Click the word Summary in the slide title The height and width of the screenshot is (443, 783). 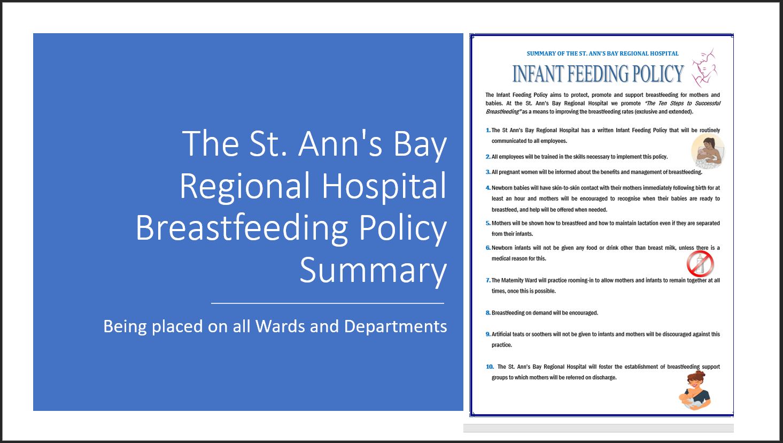pos(373,270)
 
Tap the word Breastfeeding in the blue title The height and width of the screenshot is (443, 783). pos(242,227)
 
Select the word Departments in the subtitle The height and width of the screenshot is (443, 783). pos(396,326)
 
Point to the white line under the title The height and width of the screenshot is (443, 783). pos(328,303)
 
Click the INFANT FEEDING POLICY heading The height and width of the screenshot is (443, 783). pos(598,74)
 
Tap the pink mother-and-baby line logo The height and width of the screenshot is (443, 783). pos(704,68)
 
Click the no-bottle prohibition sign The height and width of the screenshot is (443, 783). pos(700,263)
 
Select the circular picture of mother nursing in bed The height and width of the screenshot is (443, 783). pos(708,151)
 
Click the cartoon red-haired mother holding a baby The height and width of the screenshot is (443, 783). pos(695,391)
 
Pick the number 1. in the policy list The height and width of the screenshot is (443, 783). pos(488,130)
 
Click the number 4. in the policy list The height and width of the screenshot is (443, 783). pos(488,188)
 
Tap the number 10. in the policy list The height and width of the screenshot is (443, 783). pos(490,366)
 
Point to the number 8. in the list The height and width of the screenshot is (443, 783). pos(488,313)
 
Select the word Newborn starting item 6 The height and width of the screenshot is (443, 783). pos(502,248)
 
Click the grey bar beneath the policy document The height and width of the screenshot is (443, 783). pos(599,428)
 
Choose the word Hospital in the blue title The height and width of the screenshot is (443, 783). pos(384,186)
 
